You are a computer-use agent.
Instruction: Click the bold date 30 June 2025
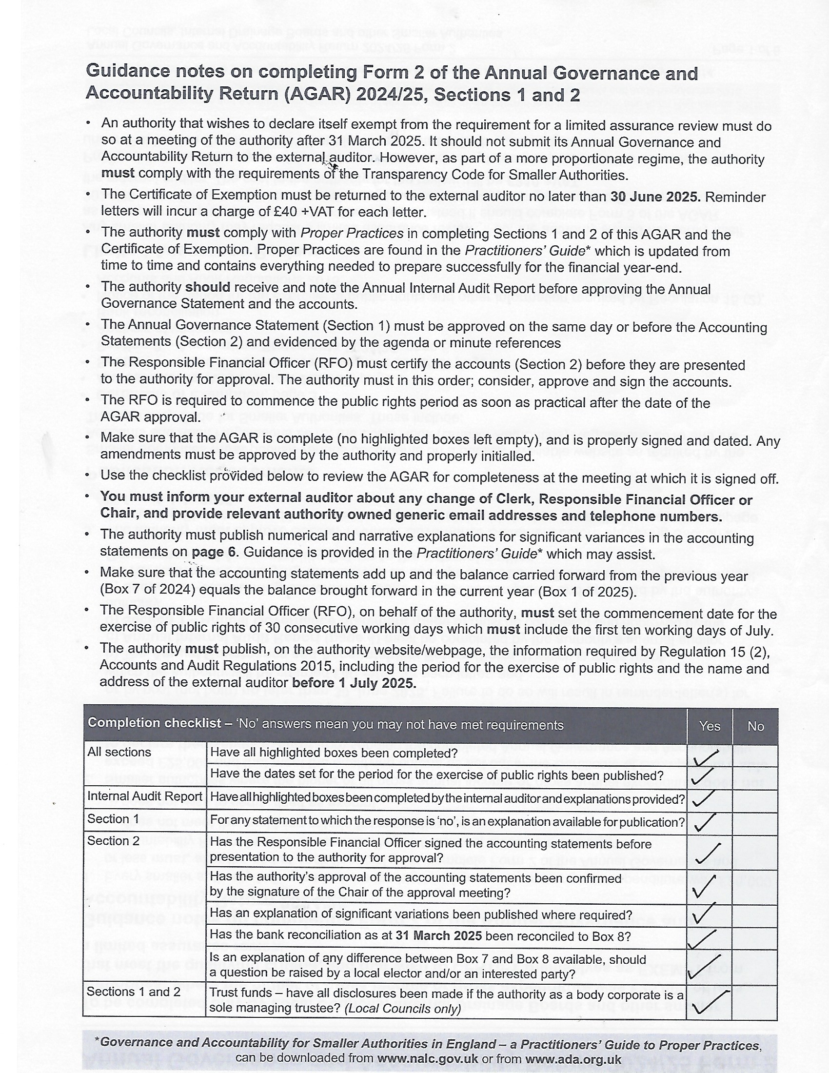[x=655, y=197]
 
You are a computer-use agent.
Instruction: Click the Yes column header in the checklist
[x=709, y=726]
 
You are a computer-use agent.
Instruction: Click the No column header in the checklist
[x=755, y=726]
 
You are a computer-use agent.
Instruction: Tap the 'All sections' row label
[x=119, y=752]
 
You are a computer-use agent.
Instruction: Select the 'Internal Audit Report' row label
[x=144, y=796]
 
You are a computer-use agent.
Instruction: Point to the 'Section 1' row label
[x=113, y=819]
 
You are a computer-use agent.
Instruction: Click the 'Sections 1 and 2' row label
[x=134, y=992]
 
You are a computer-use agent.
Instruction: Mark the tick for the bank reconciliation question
[x=702, y=938]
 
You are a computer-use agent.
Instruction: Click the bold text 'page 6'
[x=214, y=552]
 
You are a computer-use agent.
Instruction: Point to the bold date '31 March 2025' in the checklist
[x=438, y=935]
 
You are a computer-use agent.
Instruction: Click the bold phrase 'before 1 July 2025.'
[x=354, y=683]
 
